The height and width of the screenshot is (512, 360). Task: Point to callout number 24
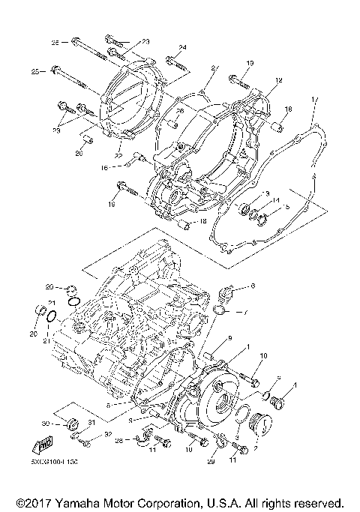coord(181,48)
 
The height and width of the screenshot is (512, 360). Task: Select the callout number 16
coord(117,169)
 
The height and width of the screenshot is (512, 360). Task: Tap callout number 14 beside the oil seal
coord(277,200)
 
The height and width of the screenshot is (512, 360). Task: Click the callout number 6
coord(253,286)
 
